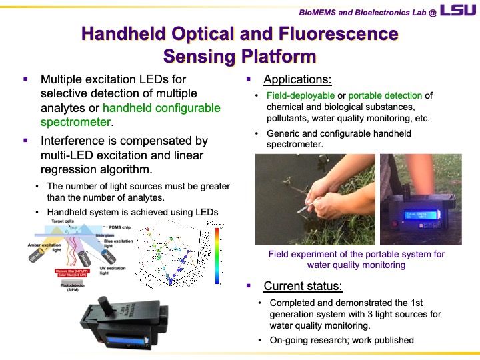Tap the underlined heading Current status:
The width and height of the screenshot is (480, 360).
point(303,287)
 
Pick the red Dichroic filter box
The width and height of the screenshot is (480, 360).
point(77,272)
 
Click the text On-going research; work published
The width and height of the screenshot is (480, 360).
point(341,340)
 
